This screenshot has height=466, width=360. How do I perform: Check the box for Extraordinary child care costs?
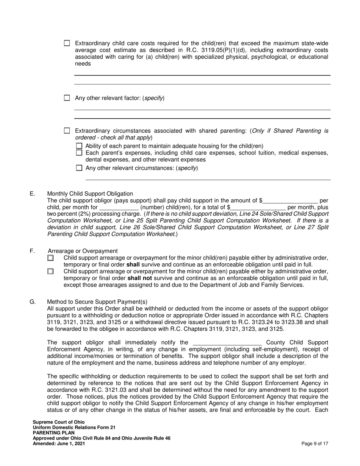[x=67, y=43]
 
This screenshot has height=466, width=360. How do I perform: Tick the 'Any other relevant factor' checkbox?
[x=67, y=98]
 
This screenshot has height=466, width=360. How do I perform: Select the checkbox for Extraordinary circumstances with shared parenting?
[x=67, y=131]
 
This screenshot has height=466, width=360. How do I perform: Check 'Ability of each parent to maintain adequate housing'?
[x=79, y=146]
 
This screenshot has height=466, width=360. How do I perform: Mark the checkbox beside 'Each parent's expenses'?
[x=79, y=153]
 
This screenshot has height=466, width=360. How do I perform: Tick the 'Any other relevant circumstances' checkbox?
[x=79, y=168]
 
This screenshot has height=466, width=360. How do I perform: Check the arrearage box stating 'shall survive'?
[x=51, y=258]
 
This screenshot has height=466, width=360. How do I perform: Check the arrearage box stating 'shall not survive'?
[x=51, y=272]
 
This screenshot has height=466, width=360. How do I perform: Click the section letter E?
[x=32, y=194]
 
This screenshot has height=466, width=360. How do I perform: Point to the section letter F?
[x=32, y=251]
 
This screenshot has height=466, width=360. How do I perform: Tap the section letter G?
[x=33, y=302]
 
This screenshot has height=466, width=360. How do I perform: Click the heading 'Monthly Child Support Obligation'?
[x=90, y=194]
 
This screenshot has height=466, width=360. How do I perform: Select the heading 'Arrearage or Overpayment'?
[x=83, y=251]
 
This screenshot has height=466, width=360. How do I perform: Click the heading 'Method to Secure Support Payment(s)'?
[x=97, y=302]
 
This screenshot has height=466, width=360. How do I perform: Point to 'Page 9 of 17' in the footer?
[x=315, y=444]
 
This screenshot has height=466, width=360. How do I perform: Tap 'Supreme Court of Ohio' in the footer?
[x=59, y=422]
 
